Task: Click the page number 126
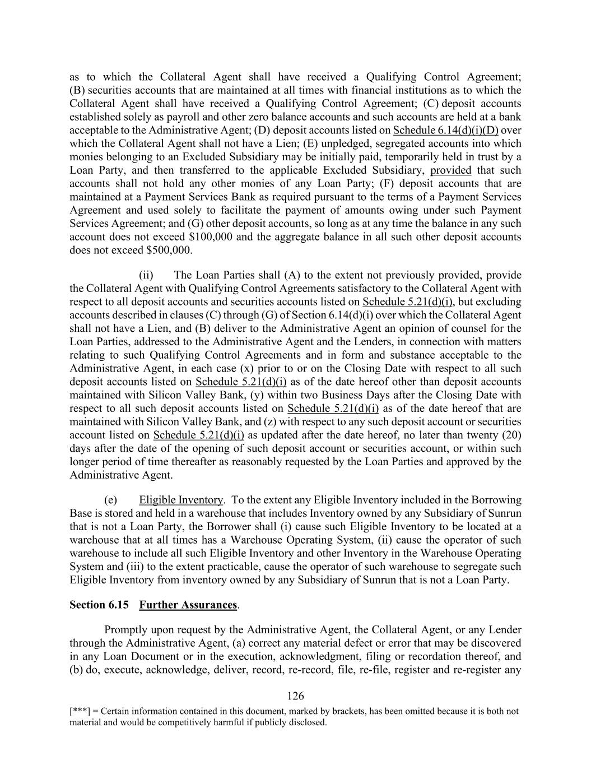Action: [x=295, y=696]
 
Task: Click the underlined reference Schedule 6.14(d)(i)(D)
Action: [x=446, y=131]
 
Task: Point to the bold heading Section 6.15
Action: [x=99, y=605]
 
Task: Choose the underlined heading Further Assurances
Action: [x=188, y=605]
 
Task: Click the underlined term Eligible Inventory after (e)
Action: [x=181, y=500]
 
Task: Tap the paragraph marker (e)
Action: [x=110, y=500]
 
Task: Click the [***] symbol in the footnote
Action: [x=78, y=711]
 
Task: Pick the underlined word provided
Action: [x=450, y=170]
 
